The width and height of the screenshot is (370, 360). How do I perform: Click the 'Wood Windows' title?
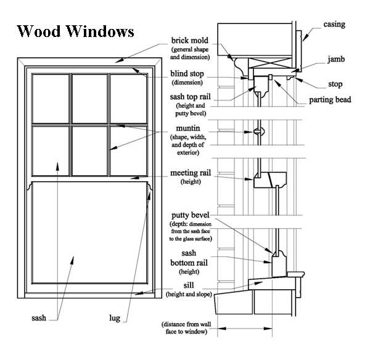75,31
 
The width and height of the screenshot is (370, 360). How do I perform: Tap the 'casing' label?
334,24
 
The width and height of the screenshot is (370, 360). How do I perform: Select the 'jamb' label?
336,59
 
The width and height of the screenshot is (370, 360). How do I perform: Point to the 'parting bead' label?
330,100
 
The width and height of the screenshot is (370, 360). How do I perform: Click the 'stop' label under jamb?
335,84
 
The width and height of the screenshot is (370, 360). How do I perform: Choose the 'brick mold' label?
190,40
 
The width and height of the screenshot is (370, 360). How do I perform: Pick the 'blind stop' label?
187,74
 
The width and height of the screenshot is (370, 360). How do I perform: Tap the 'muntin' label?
188,128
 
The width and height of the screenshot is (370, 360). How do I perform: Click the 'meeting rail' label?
191,173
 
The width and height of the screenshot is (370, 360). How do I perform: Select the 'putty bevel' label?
191,215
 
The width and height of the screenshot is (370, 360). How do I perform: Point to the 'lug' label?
115,318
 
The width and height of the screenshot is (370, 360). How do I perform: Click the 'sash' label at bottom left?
39,317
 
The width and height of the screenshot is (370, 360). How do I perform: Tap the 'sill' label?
189,285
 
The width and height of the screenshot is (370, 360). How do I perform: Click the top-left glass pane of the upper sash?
51,99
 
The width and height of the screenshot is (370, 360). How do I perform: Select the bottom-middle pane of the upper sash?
89,151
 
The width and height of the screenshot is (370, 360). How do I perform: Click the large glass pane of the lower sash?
89,232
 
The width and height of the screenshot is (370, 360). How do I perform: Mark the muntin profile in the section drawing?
259,132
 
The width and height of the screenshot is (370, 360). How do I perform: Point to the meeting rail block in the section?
270,180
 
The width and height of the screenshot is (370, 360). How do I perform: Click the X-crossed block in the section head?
270,63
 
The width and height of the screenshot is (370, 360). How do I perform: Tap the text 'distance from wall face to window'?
186,328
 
